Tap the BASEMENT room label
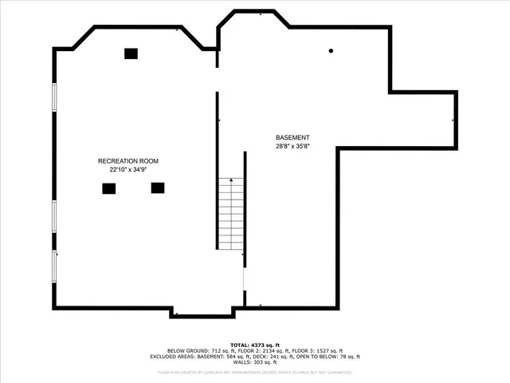point(292,138)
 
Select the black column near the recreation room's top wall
point(131,53)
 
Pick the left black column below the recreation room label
point(108,188)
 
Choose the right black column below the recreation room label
point(158,188)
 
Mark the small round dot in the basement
point(330,52)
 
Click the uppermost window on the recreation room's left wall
point(54,97)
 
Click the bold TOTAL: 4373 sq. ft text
point(255,344)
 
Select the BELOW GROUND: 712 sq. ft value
point(197,350)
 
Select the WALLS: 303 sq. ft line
point(255,363)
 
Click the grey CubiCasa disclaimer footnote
point(255,372)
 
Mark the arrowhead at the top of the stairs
point(231,181)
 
